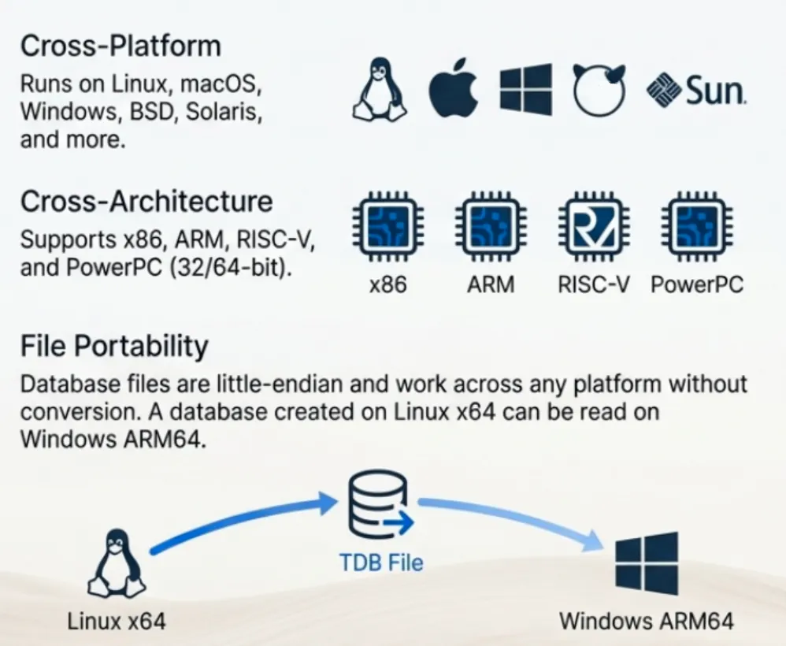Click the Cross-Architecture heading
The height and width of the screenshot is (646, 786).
click(x=146, y=202)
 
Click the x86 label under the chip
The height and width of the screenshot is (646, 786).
click(x=387, y=284)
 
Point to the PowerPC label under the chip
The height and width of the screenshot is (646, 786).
click(x=697, y=284)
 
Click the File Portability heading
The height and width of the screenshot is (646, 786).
click(x=114, y=346)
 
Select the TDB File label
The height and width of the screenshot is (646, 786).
click(x=381, y=562)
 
